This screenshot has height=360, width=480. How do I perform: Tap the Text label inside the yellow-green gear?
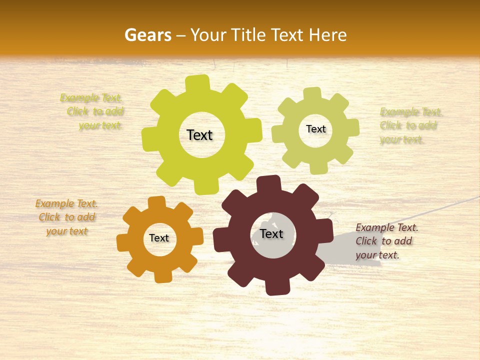(x=199, y=135)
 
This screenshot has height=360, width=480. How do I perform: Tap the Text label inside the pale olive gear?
(x=315, y=129)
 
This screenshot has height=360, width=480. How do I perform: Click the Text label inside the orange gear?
(x=159, y=238)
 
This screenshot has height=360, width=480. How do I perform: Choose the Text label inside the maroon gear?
(x=271, y=233)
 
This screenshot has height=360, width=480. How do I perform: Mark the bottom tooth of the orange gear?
(x=162, y=276)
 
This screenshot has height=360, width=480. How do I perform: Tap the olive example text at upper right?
(x=410, y=125)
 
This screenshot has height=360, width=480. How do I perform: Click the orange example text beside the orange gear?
(x=66, y=217)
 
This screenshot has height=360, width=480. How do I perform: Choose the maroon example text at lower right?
(x=386, y=241)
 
